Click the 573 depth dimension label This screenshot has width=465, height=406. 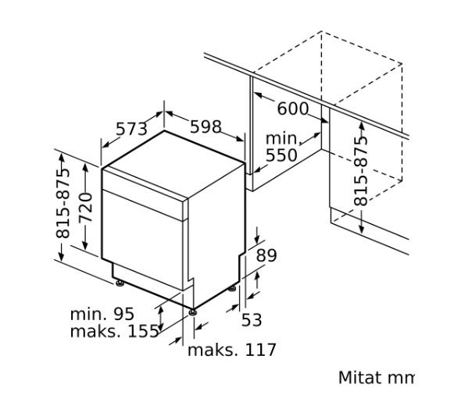click(x=131, y=129)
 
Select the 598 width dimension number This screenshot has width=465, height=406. click(x=206, y=126)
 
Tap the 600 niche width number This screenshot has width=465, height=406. click(x=293, y=109)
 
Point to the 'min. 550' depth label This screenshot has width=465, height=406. click(x=281, y=147)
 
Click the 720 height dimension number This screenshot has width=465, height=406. click(x=85, y=208)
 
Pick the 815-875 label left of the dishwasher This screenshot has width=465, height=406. click(x=63, y=204)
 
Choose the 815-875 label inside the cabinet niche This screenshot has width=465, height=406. click(x=360, y=171)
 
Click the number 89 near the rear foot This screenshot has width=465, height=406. click(x=266, y=255)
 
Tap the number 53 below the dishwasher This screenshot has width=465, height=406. click(x=252, y=320)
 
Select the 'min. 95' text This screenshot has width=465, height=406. click(x=102, y=314)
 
